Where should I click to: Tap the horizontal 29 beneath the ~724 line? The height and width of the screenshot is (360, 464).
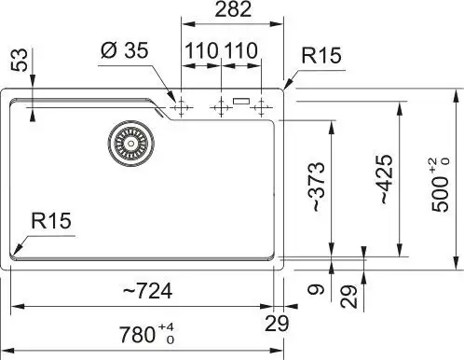[276, 323]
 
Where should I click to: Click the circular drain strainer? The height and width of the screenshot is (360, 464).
[129, 143]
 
